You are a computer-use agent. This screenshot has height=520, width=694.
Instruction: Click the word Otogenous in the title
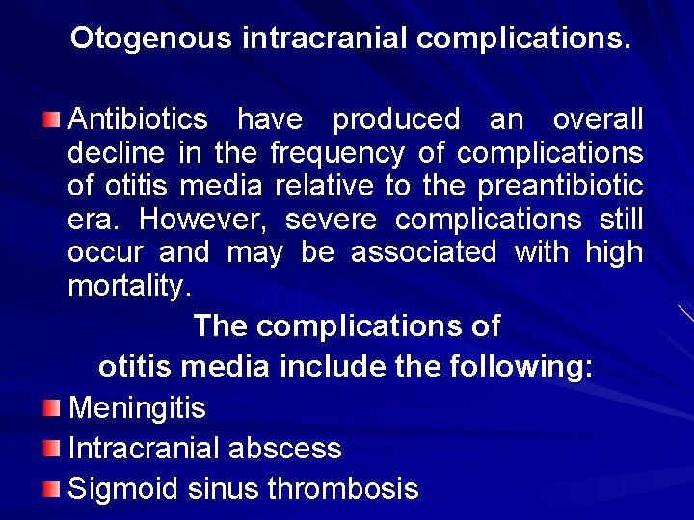(x=151, y=39)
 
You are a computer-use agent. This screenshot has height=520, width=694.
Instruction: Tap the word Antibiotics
(x=138, y=120)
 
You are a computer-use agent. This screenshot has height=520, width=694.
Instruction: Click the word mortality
(x=129, y=287)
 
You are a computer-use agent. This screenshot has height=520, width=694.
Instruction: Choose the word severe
(x=331, y=220)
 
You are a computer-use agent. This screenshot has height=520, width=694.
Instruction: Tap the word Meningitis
(x=137, y=408)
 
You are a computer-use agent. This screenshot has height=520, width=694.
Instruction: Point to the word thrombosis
(x=342, y=489)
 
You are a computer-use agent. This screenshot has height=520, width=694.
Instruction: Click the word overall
(x=598, y=120)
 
